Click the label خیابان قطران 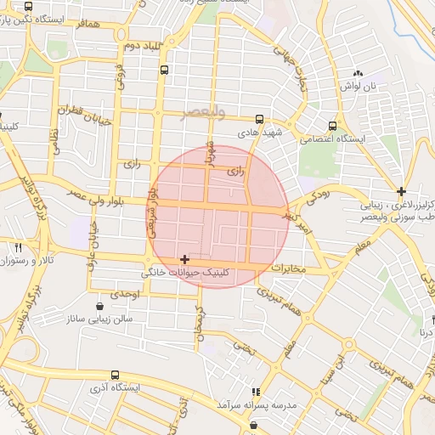[x=84, y=116]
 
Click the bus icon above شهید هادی [x=259, y=120]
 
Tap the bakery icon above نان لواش [x=358, y=74]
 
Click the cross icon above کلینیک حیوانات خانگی [x=184, y=258]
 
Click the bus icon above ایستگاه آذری [x=115, y=374]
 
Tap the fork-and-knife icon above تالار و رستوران [x=18, y=247]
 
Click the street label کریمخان [x=201, y=323]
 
